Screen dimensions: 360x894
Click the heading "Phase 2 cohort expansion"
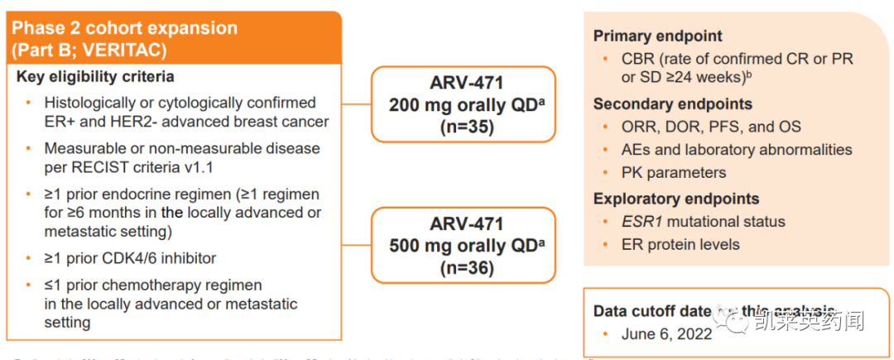124,28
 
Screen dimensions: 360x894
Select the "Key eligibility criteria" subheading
94,77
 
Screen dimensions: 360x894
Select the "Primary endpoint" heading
658,36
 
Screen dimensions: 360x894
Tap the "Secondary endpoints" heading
673,104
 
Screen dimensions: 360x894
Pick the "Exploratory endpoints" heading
676,199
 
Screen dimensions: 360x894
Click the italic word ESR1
642,222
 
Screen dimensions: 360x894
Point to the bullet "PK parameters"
674,173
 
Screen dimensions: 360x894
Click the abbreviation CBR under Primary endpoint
638,59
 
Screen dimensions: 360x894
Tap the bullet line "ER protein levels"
680,244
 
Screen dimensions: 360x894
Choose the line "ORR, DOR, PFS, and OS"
711,127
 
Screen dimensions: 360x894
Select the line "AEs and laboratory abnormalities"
737,150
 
